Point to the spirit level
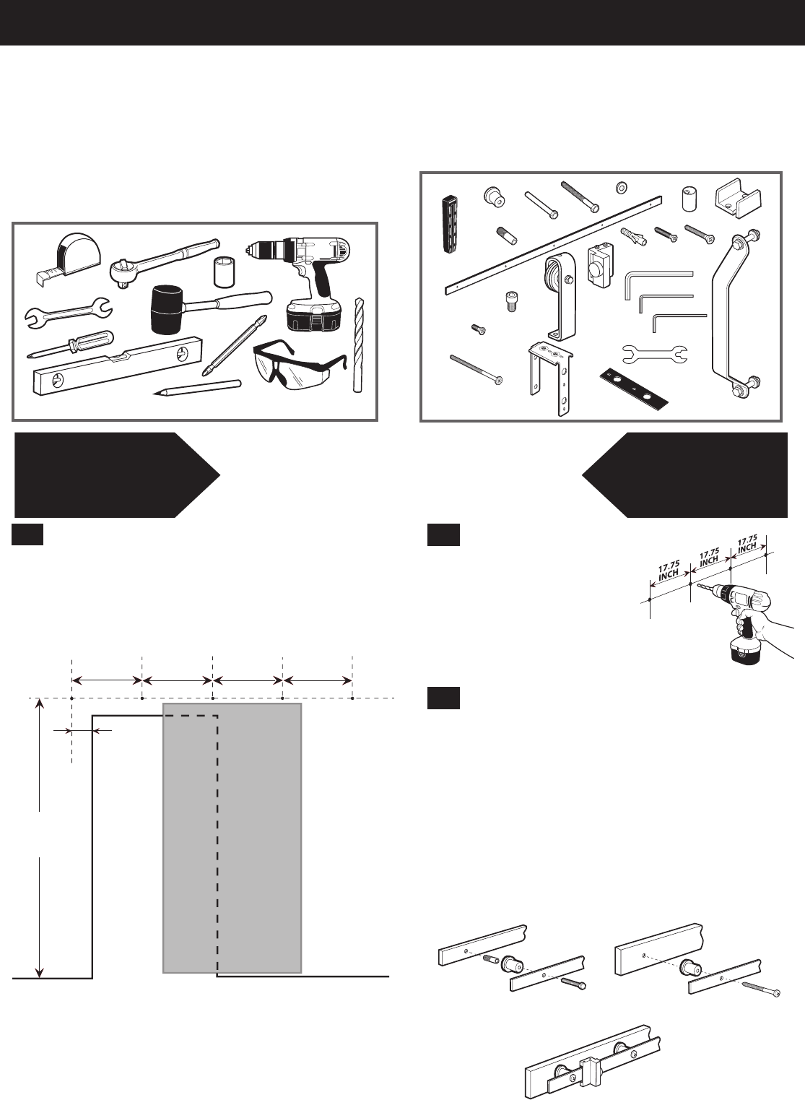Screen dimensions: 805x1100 [118, 365]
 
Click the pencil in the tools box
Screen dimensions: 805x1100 [196, 387]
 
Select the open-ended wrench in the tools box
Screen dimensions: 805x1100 [69, 313]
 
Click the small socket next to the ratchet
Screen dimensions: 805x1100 [223, 272]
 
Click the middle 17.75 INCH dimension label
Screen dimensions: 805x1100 [709, 557]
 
